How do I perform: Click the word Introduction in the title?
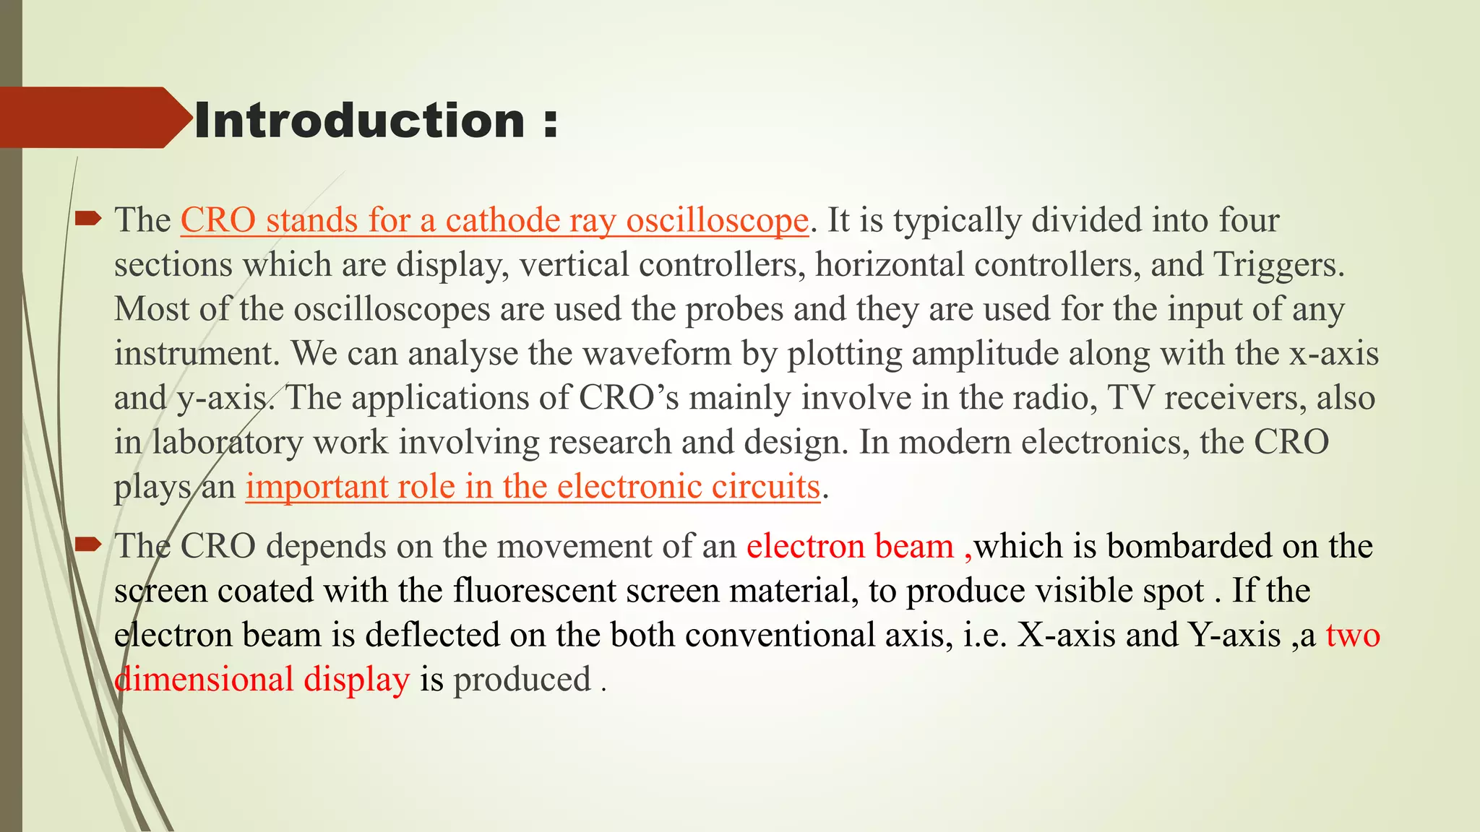tap(359, 120)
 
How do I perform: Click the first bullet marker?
tap(88, 218)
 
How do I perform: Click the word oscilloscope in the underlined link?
tap(717, 220)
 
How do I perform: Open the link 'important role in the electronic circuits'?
tap(533, 486)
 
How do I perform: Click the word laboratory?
tap(227, 442)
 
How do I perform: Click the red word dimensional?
tap(204, 680)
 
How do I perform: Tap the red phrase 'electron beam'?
tap(850, 546)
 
